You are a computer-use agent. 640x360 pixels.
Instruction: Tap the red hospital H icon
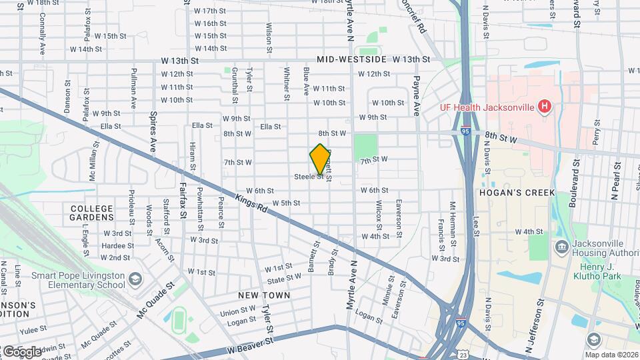[x=545, y=105]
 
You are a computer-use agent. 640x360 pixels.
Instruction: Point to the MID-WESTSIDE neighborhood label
[x=351, y=59]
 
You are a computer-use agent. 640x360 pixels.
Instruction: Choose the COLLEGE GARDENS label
[x=92, y=213]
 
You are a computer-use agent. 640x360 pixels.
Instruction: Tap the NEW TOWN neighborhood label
[x=265, y=295]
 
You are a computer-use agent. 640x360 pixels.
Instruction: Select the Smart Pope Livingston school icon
[x=136, y=278]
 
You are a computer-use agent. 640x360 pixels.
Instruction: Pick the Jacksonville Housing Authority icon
[x=561, y=247]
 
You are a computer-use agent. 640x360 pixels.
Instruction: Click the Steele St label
[x=309, y=177]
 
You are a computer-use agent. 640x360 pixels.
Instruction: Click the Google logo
[x=22, y=351]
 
